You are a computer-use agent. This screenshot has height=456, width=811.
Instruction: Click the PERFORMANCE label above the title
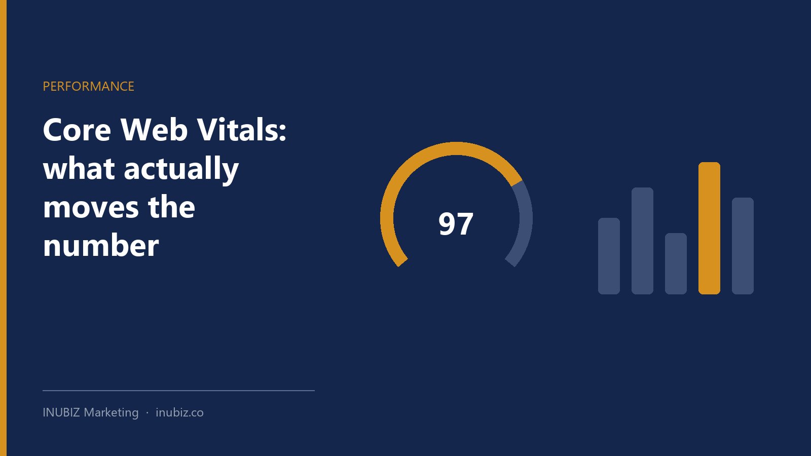[x=88, y=87]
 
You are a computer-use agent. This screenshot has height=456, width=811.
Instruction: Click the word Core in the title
[x=77, y=130]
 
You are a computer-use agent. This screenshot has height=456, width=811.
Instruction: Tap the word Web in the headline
[x=154, y=129]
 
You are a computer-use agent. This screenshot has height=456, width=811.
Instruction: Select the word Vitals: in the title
[x=242, y=129]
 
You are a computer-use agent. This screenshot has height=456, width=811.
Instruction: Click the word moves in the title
[x=91, y=208]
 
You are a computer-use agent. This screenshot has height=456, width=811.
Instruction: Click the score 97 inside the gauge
[x=456, y=223]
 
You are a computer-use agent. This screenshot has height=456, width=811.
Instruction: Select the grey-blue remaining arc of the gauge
[x=526, y=217]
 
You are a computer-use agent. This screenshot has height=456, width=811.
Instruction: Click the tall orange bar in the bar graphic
[x=709, y=228]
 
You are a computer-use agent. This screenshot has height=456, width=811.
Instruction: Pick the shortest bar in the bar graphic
[x=676, y=263]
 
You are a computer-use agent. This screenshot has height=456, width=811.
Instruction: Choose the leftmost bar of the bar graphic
[x=609, y=256]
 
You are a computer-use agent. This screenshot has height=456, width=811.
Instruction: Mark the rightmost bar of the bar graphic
[x=743, y=246]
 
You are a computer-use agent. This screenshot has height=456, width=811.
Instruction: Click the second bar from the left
[x=642, y=241]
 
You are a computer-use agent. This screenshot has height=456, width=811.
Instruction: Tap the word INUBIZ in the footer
[x=61, y=412]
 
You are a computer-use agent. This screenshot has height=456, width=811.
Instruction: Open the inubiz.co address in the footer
[x=179, y=412]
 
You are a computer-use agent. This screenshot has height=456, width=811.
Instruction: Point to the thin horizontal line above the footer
[x=178, y=391]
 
